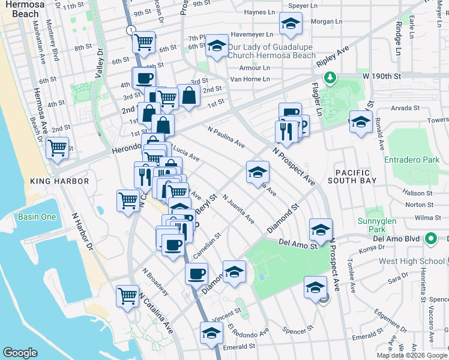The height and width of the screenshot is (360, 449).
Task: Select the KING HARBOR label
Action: coord(59,181)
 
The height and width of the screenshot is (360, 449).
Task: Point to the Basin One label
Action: coord(37,217)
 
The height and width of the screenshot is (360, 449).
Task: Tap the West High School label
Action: coord(403,261)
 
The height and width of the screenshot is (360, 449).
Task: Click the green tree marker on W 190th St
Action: coord(329,77)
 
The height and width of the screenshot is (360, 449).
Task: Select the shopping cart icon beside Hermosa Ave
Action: coord(58,146)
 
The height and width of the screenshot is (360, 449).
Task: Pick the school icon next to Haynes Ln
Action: coord(291,25)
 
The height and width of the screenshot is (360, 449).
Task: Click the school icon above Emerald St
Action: coord(211,333)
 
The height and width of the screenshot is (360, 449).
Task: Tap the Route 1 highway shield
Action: coord(130,29)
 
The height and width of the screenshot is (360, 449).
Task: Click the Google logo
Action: coord(20,352)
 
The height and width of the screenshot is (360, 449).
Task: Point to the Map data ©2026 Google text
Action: coord(412,355)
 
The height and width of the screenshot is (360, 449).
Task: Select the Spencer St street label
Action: coord(298,329)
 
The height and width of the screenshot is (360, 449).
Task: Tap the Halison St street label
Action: coord(418,193)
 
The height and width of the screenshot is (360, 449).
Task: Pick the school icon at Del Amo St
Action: coord(321,230)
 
